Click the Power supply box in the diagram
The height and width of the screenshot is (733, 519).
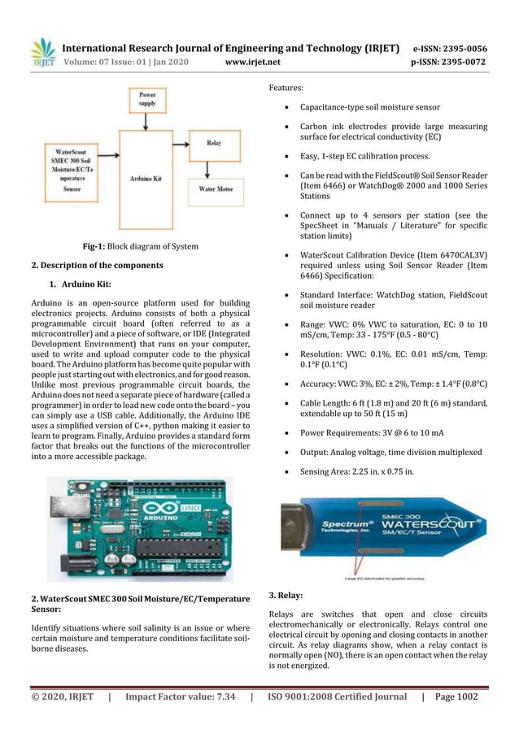pos(147,100)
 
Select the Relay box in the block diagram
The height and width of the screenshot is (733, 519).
pos(214,143)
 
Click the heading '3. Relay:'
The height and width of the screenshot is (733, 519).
pos(285,594)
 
